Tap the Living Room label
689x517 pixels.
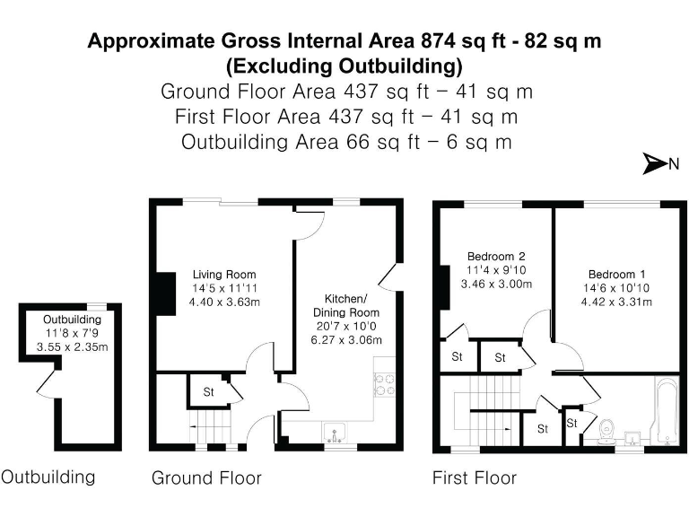(x=224, y=275)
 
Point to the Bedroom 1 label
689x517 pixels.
(x=616, y=274)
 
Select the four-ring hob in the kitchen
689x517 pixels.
(x=386, y=384)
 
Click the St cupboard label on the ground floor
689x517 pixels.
(x=208, y=392)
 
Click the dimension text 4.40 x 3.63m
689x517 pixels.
(x=224, y=302)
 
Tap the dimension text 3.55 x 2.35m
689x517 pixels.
(x=73, y=346)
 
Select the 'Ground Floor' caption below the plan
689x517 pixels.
(x=206, y=478)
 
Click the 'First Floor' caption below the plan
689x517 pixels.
(x=475, y=478)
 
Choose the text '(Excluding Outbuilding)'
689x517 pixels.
(x=344, y=66)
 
